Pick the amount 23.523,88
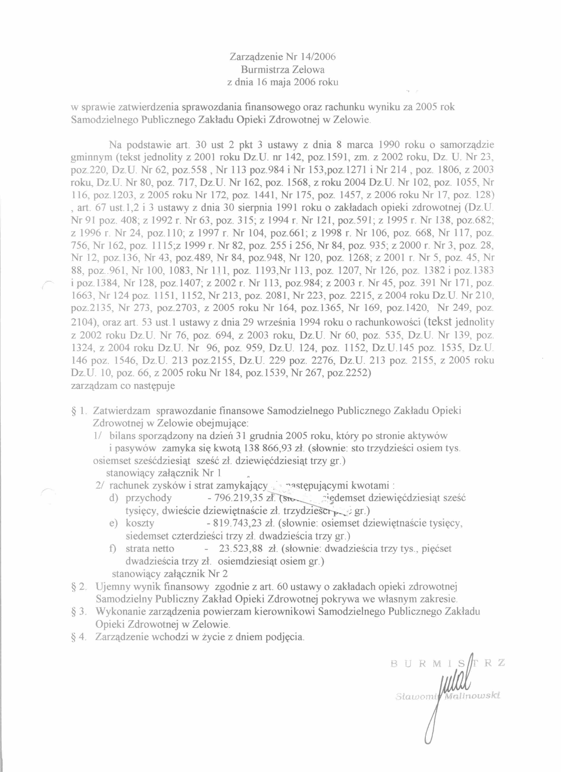[239, 548]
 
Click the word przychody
[149, 498]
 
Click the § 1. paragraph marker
[79, 411]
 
